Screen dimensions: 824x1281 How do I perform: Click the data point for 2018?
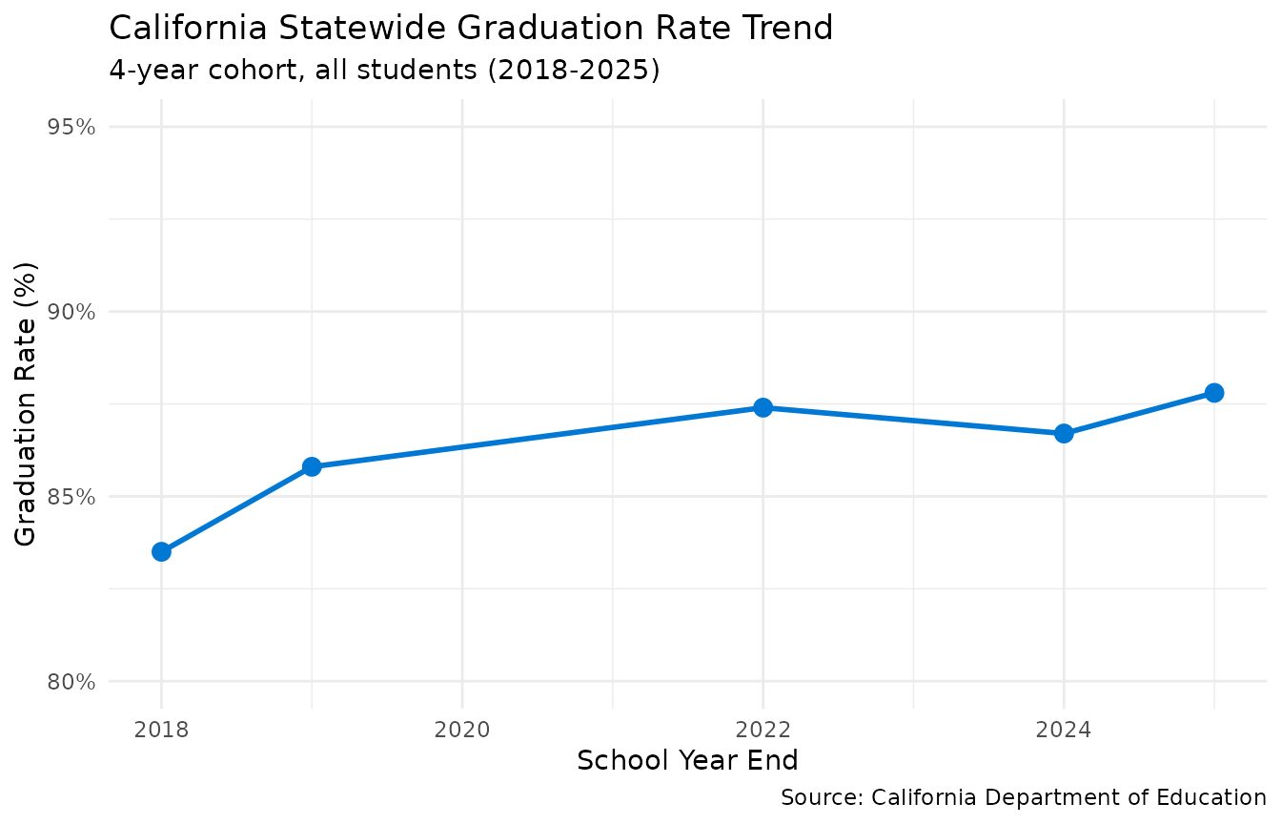point(161,551)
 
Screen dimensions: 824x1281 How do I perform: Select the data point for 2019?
point(312,466)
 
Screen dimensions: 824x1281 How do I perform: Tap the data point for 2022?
point(762,407)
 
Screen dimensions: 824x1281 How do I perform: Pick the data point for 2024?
point(1064,433)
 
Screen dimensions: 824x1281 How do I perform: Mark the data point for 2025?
point(1213,393)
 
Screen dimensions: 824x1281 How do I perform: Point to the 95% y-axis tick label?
point(71,127)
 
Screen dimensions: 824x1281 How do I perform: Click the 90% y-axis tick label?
point(71,312)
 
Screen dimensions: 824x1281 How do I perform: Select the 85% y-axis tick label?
point(71,497)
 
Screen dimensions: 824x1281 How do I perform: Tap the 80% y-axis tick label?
point(71,682)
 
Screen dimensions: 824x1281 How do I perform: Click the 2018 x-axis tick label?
point(161,731)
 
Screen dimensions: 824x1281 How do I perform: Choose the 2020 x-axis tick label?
point(462,731)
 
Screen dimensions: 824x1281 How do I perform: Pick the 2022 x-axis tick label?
point(762,731)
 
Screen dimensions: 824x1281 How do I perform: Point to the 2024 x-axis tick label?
point(1064,731)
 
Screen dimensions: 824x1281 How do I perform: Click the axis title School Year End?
point(687,761)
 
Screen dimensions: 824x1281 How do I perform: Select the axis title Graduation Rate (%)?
point(26,403)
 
